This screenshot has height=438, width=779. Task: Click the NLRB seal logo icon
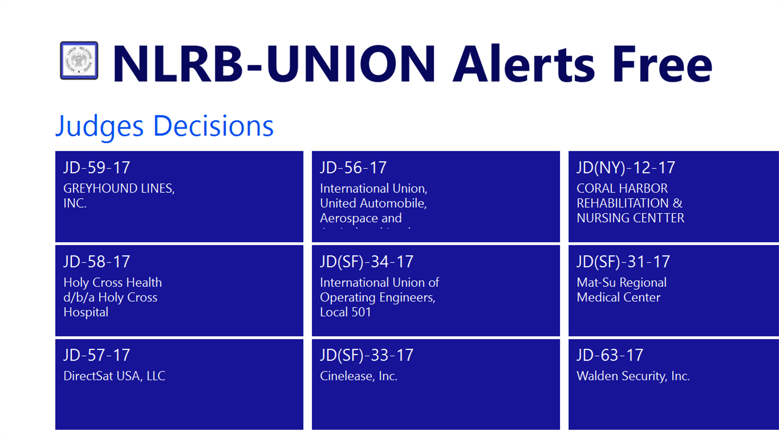pos(79,61)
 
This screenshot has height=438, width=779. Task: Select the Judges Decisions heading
pos(164,126)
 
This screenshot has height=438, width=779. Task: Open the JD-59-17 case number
pos(97,168)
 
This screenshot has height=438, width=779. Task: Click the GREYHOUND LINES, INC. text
pos(119,196)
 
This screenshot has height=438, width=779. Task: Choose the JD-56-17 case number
pos(353,168)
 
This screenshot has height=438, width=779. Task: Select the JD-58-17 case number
pos(97,262)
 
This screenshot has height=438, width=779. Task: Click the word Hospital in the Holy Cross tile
pos(86,312)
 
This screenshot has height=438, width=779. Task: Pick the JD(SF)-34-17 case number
pos(366,262)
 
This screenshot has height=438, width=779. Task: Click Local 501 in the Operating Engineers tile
pos(345,312)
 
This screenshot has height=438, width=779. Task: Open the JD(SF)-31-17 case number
pos(623,262)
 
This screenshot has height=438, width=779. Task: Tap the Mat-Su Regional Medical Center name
pos(621,290)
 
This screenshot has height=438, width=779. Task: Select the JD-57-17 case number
pos(97,355)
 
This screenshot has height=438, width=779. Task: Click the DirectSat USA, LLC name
pos(114,376)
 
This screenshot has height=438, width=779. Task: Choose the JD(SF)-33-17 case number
pos(366,355)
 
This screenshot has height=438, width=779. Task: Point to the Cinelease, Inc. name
pos(359,376)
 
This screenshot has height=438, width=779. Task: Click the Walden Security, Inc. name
pos(633,376)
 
